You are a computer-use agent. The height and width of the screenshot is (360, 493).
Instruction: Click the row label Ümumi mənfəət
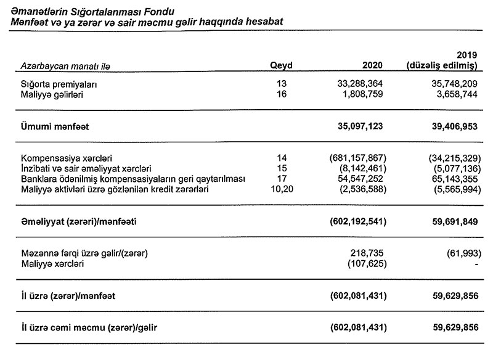55,127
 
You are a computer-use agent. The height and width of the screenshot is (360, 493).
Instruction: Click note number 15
282,168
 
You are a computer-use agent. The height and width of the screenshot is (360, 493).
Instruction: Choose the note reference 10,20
282,189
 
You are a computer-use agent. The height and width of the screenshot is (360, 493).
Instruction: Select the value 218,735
369,253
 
